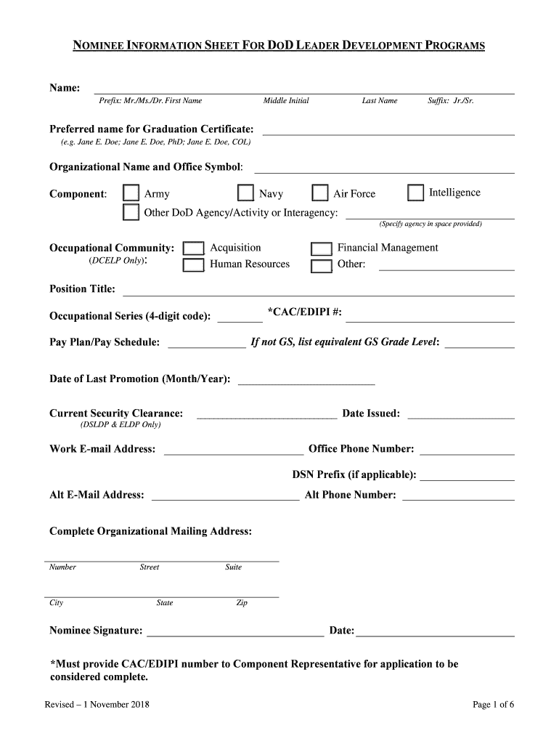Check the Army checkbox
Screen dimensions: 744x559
point(131,193)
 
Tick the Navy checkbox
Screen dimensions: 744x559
point(246,193)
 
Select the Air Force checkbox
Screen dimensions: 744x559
point(320,193)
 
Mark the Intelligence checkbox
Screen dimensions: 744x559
point(415,193)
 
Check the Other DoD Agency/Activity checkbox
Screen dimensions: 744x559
point(131,212)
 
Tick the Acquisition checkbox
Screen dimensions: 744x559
point(192,248)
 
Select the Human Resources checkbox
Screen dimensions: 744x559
point(192,265)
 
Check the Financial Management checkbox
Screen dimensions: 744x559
point(321,248)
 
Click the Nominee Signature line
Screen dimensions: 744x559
point(235,632)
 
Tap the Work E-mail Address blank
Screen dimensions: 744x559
point(234,450)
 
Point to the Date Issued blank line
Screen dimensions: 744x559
point(461,416)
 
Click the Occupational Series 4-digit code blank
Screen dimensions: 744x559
point(240,318)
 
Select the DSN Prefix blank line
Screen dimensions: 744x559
point(467,477)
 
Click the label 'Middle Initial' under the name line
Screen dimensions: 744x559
point(286,100)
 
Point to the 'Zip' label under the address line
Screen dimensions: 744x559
point(242,603)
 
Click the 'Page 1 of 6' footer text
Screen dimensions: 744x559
point(493,704)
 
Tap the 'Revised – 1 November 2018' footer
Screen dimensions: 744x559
point(97,704)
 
